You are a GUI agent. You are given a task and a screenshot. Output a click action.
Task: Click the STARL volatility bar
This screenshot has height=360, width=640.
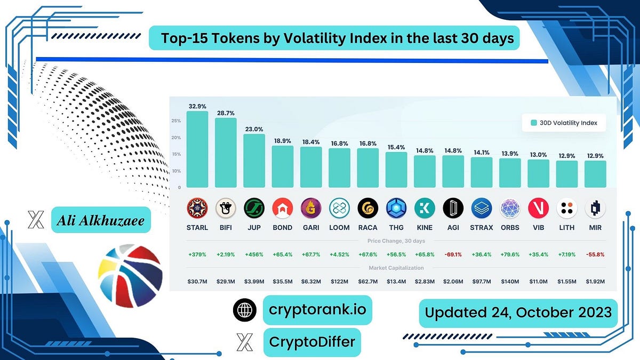[x=197, y=149]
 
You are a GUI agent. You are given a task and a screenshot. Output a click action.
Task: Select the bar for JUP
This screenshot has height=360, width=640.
[x=254, y=161]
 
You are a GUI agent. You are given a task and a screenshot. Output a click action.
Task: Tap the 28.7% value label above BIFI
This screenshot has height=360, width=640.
[x=226, y=114]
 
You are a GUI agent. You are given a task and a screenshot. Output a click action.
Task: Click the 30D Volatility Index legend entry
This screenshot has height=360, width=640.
[x=564, y=123]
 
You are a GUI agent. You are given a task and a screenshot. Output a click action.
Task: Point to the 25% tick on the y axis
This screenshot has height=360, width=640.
[x=176, y=121]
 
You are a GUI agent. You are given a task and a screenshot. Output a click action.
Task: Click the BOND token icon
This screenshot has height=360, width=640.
[x=282, y=208]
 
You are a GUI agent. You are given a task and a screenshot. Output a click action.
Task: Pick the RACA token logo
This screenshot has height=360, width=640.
[x=367, y=208]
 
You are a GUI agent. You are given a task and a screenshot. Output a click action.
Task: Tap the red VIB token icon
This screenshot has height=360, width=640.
[x=538, y=208]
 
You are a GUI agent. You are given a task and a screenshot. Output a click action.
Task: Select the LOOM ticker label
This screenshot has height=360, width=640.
[x=339, y=227]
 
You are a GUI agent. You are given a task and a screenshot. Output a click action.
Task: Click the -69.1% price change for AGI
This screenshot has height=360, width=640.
[x=453, y=255]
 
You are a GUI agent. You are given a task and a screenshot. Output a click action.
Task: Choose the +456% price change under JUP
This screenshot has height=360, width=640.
[x=254, y=255]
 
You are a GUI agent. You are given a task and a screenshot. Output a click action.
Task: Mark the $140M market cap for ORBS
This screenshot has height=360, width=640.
[x=510, y=281]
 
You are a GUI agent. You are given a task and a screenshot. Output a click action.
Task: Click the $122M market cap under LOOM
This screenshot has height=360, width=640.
[x=339, y=281]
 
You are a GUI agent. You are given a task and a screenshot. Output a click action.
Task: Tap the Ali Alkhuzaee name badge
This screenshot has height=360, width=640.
[x=101, y=220]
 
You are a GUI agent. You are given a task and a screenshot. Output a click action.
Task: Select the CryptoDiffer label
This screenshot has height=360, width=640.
[x=312, y=342]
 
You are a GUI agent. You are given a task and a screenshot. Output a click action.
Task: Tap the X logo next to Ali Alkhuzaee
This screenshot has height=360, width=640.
[x=35, y=220]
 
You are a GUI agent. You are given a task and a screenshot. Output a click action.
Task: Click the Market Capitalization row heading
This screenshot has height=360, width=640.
[x=396, y=268]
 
